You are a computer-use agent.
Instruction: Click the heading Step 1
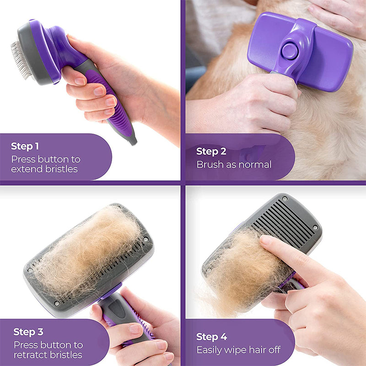pyautogui.click(x=25, y=146)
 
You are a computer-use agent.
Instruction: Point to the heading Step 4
pyautogui.click(x=211, y=337)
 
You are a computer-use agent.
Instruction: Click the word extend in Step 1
pyautogui.click(x=26, y=169)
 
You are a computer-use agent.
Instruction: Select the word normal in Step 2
pyautogui.click(x=255, y=164)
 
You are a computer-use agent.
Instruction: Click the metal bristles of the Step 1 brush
pyautogui.click(x=20, y=59)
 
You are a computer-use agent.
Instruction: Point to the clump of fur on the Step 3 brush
pyautogui.click(x=87, y=249)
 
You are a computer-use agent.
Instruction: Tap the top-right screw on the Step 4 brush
pyautogui.click(x=315, y=227)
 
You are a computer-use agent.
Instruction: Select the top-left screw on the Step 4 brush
pyautogui.click(x=285, y=199)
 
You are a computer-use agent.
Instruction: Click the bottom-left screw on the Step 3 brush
pyautogui.click(x=56, y=303)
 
